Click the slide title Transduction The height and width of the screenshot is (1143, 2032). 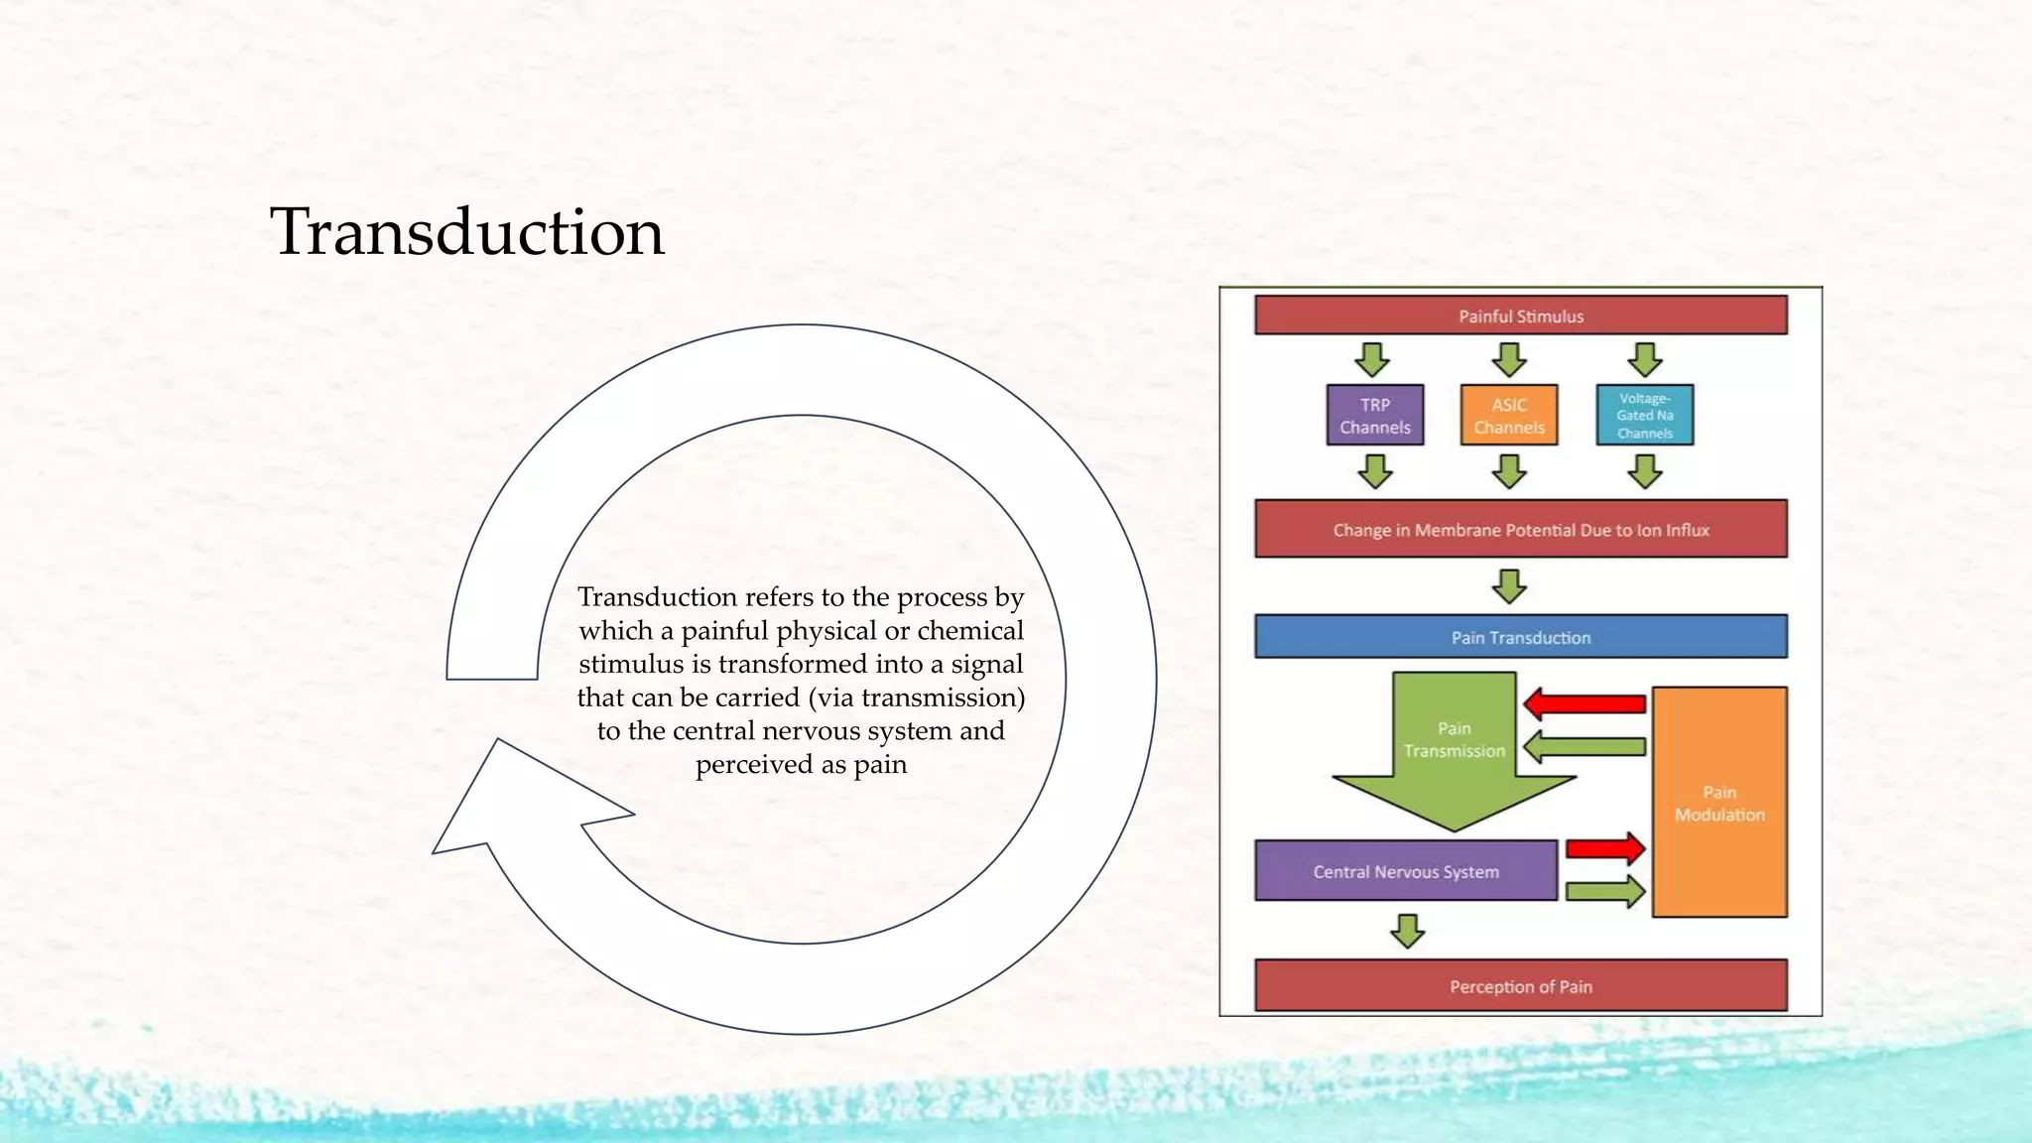pos(466,232)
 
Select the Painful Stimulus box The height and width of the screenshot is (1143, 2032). pos(1520,316)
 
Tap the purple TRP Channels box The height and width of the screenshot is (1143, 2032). pos(1374,416)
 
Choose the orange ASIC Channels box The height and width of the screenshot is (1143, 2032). pos(1508,416)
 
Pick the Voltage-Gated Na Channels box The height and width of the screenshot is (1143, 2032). pos(1644,416)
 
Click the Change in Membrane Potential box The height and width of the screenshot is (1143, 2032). pos(1520,530)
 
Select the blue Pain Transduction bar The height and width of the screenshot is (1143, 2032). pos(1520,637)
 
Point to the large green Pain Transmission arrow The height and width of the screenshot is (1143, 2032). pos(1454,754)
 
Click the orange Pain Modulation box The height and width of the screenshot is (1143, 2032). pos(1718,802)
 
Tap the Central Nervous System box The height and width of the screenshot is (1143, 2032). pos(1405,871)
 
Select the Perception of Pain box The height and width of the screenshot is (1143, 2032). pos(1520,986)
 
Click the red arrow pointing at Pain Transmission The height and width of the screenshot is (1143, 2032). pos(1585,704)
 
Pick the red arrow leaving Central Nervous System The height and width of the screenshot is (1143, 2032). pos(1604,848)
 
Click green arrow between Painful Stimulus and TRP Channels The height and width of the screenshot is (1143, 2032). pos(1373,359)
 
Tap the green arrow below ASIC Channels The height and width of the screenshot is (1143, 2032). pos(1509,471)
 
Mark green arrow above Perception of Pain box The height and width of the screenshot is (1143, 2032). pos(1407,931)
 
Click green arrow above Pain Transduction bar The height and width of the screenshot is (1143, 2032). pos(1509,586)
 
